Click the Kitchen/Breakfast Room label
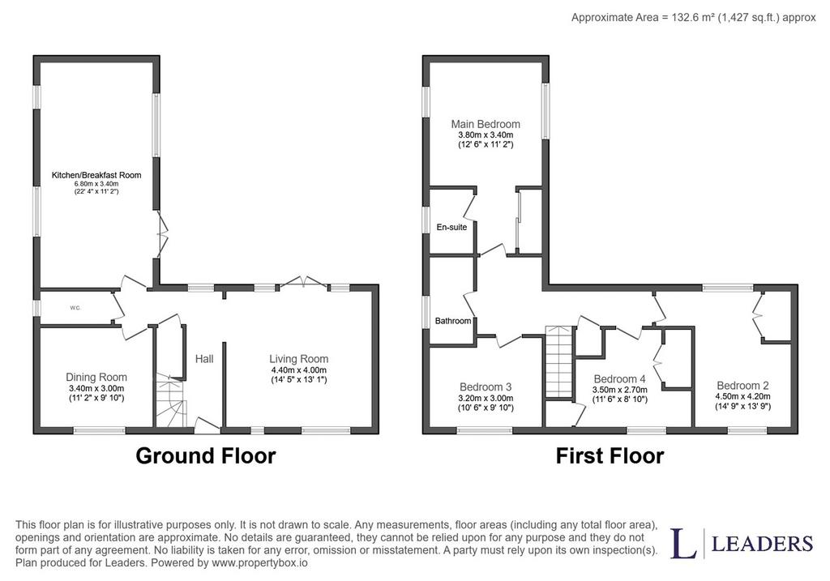pyautogui.click(x=96, y=175)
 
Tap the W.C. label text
pyautogui.click(x=75, y=308)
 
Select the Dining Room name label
pyautogui.click(x=96, y=378)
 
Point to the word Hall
pyautogui.click(x=204, y=359)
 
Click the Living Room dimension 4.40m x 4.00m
pyautogui.click(x=298, y=370)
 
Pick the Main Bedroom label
pyautogui.click(x=486, y=124)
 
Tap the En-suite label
pyautogui.click(x=451, y=227)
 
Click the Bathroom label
pyautogui.click(x=453, y=321)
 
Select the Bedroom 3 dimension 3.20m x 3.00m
pyautogui.click(x=486, y=398)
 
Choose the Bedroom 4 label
pyautogui.click(x=619, y=379)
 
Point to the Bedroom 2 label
pyautogui.click(x=742, y=386)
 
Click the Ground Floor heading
pyautogui.click(x=206, y=455)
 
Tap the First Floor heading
pyautogui.click(x=610, y=455)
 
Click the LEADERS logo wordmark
pyautogui.click(x=762, y=544)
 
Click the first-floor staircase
pyautogui.click(x=560, y=361)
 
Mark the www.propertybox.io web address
pyautogui.click(x=259, y=562)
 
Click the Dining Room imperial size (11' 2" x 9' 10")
pyautogui.click(x=96, y=397)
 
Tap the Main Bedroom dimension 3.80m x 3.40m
pyautogui.click(x=486, y=135)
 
